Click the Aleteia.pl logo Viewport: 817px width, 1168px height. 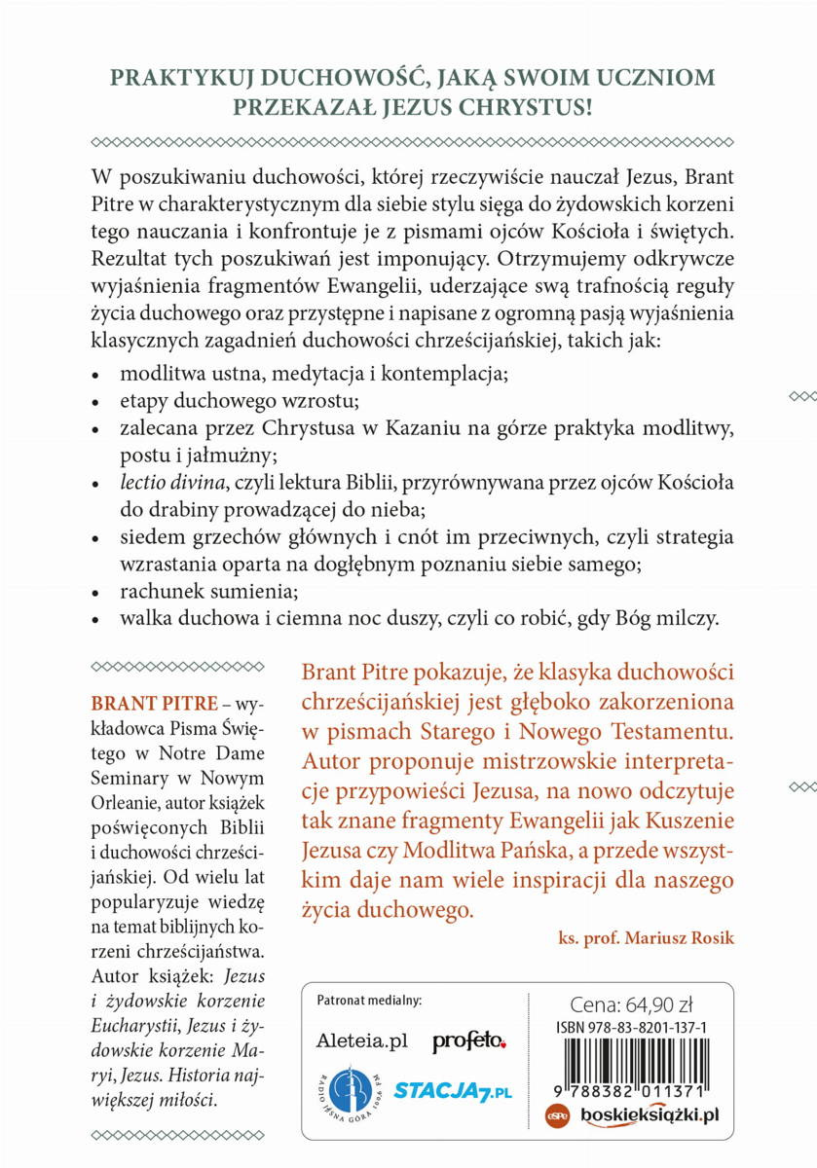point(361,1041)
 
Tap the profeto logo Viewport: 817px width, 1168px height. point(469,1041)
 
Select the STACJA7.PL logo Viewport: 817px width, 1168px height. point(453,1092)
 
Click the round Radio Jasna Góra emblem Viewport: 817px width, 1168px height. point(348,1090)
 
